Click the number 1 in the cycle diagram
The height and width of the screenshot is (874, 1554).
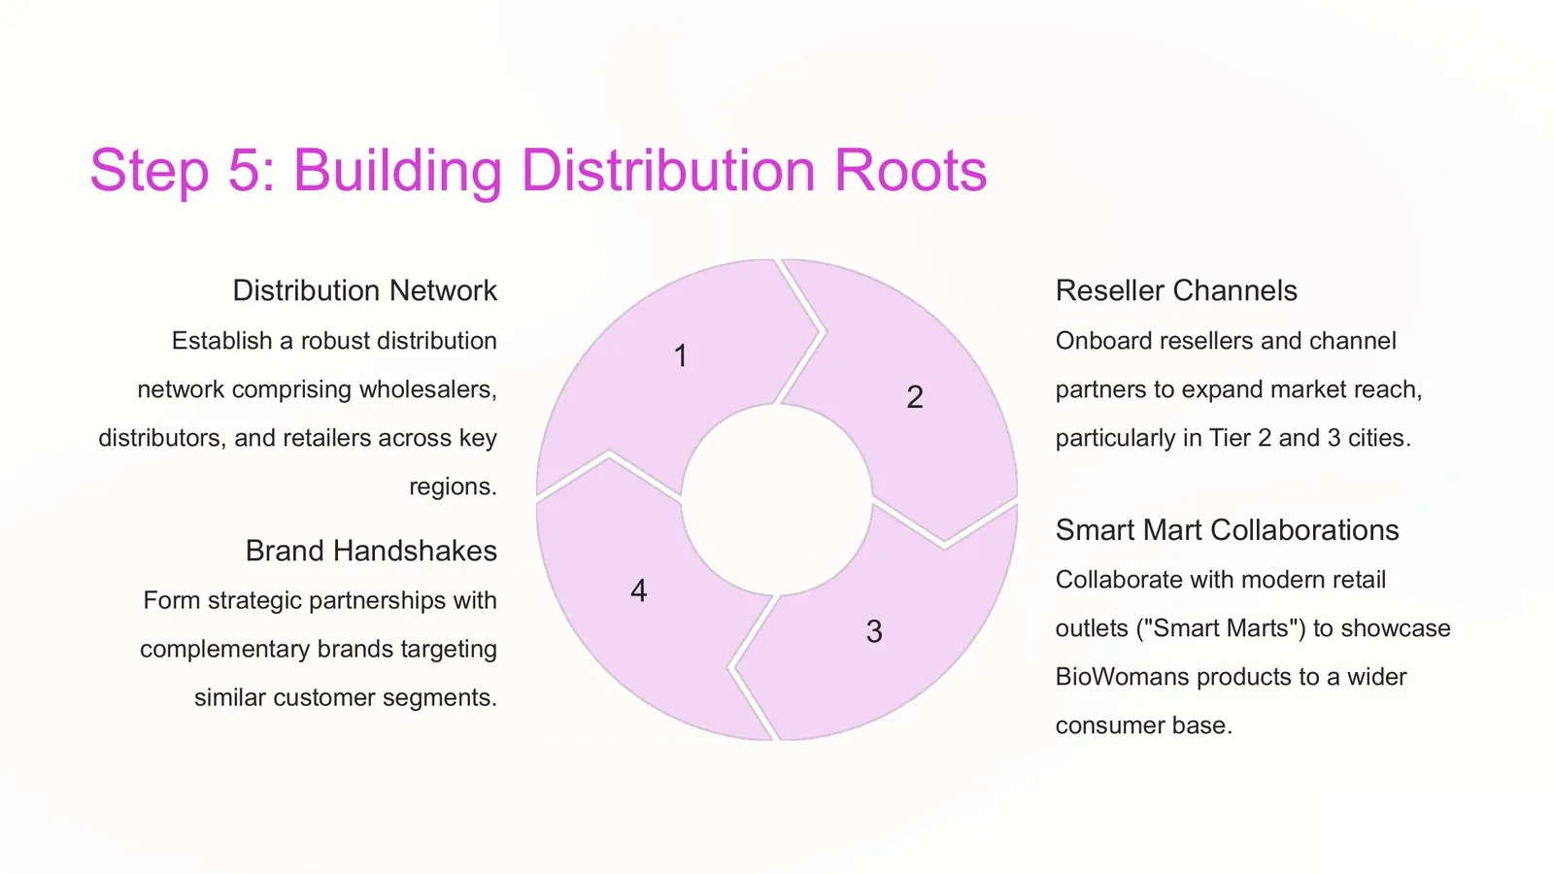click(681, 355)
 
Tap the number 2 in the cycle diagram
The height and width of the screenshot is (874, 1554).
click(914, 397)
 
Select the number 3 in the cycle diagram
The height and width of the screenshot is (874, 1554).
click(874, 631)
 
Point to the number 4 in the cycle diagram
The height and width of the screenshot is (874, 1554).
click(638, 590)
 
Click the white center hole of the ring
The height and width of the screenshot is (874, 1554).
click(776, 500)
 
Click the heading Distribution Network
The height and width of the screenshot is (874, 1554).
click(365, 290)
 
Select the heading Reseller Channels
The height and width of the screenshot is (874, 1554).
click(1176, 290)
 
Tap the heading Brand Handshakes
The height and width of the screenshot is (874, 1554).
click(371, 551)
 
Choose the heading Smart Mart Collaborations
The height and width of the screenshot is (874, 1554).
click(1227, 530)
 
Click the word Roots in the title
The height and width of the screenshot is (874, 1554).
click(910, 170)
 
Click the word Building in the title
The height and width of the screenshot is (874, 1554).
click(397, 171)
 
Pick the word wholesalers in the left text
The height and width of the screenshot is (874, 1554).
click(427, 389)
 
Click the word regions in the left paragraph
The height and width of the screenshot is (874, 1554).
click(453, 487)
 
